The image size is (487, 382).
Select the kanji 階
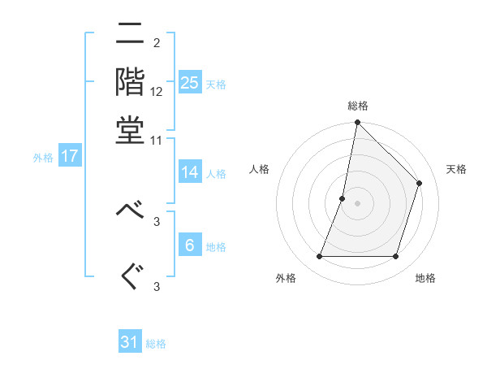(x=130, y=84)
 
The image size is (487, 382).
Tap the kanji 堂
(x=130, y=130)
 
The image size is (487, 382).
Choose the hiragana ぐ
(x=130, y=276)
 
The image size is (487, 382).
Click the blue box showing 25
(x=190, y=82)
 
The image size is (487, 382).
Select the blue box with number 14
(x=190, y=172)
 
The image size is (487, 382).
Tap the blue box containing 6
(x=190, y=246)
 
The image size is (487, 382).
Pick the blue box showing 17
(x=70, y=156)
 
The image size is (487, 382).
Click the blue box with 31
(x=130, y=342)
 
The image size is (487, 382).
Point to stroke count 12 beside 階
(x=157, y=93)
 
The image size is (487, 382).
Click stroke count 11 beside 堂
(x=157, y=140)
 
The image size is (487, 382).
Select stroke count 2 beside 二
(x=157, y=42)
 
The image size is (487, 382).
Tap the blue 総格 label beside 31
(x=156, y=344)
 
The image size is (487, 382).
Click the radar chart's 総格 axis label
(x=357, y=106)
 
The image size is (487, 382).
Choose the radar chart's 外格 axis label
(x=286, y=279)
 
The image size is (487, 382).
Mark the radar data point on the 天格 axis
(x=420, y=183)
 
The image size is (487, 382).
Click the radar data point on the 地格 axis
(x=395, y=257)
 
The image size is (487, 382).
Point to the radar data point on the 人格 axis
(x=343, y=198)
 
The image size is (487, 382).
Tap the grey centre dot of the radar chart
(x=357, y=203)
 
